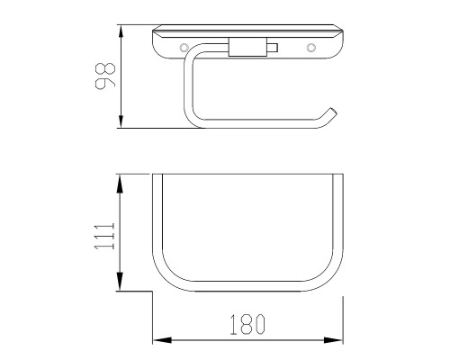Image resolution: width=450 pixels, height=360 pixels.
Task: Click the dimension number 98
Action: point(105,76)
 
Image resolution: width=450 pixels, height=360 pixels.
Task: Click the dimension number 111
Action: point(104,236)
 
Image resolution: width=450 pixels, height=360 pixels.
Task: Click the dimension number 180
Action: point(247,325)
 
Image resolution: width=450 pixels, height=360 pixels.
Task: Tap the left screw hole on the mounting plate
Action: point(184,48)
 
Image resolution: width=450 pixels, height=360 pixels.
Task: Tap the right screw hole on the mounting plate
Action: point(311,48)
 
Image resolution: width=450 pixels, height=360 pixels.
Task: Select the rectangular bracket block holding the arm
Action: point(247,47)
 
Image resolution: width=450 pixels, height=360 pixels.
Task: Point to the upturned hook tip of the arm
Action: point(332,112)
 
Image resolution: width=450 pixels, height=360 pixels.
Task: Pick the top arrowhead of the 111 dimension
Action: point(120,184)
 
